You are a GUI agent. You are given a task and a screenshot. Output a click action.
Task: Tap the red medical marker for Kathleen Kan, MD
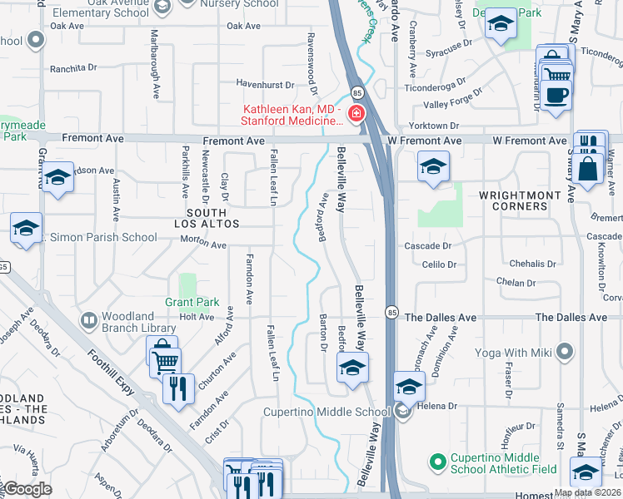(x=356, y=114)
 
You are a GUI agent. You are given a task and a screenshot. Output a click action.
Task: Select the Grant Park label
(x=192, y=302)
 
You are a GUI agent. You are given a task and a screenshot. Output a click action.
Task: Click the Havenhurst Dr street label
(x=265, y=85)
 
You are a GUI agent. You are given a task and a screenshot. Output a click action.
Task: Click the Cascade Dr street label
(x=427, y=246)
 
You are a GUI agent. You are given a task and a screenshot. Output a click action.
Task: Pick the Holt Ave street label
(x=197, y=317)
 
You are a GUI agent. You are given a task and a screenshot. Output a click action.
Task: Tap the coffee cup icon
(x=556, y=95)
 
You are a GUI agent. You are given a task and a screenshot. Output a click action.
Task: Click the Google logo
(x=27, y=489)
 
